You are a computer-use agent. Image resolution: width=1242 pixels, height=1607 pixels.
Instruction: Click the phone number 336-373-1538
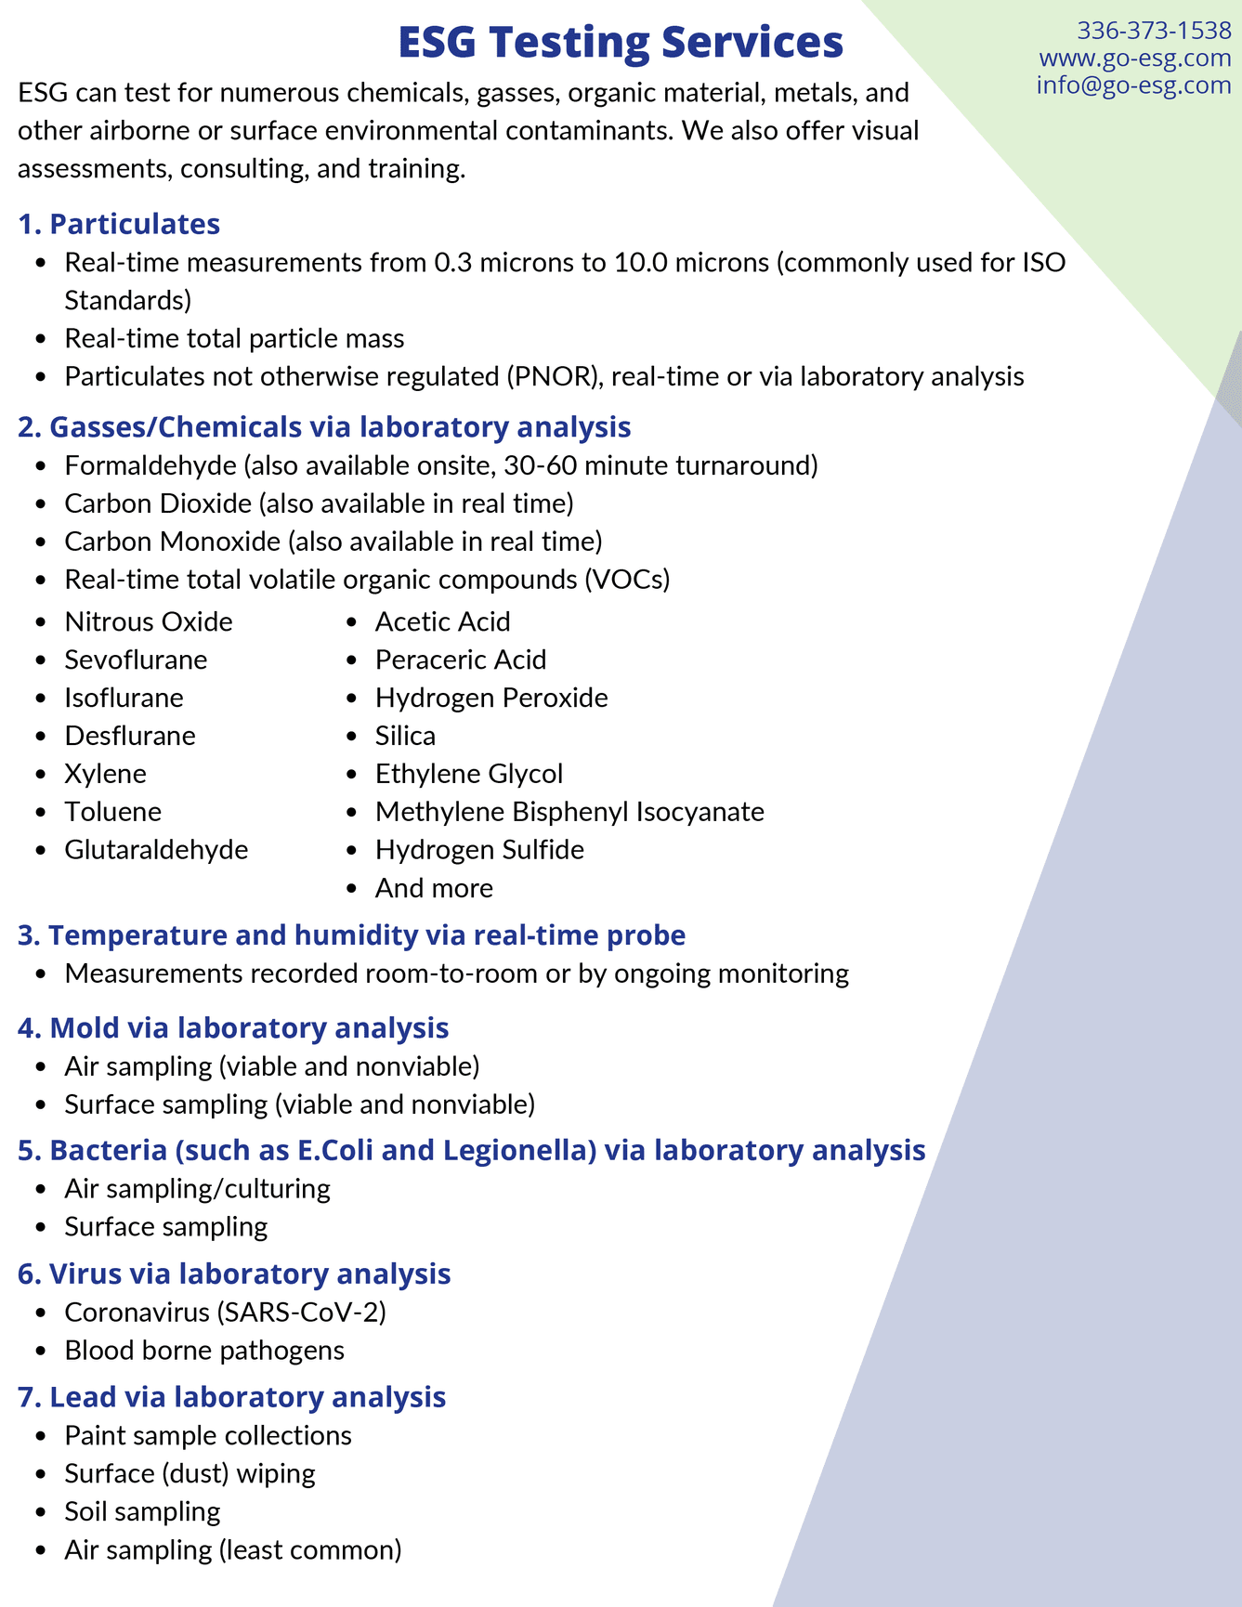[1154, 31]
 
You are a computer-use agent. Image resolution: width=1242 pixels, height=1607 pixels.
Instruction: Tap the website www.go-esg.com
[1135, 58]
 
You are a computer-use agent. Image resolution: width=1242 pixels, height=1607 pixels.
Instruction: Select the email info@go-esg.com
[1133, 85]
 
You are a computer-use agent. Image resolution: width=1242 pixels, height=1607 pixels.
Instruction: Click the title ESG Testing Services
[621, 43]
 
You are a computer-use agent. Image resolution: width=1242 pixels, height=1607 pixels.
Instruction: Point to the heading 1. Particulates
[119, 224]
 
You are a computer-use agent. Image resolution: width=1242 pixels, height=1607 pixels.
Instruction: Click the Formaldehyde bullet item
[440, 464]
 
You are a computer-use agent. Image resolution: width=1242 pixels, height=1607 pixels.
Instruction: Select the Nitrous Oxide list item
[148, 621]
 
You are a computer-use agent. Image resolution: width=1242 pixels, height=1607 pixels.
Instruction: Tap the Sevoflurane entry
[136, 660]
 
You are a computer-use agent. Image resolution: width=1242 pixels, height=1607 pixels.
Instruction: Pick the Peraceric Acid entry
[461, 660]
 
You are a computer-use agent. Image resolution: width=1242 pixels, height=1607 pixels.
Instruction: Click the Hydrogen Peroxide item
[491, 698]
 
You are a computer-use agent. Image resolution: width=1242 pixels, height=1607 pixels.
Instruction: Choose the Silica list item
[405, 736]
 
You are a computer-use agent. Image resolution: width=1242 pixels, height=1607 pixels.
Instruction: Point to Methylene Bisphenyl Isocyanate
[569, 812]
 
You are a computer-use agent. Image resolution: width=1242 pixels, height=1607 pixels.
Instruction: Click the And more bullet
[434, 888]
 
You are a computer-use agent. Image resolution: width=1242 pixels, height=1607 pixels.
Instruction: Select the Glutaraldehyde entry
[156, 850]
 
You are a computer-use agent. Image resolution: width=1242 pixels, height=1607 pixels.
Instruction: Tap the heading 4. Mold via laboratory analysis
[233, 1027]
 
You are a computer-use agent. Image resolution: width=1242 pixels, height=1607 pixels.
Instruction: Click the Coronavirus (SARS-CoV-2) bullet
[225, 1312]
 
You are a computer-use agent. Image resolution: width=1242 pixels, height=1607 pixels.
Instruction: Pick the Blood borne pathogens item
[204, 1350]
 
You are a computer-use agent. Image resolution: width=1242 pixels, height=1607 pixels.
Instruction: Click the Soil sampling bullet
[142, 1511]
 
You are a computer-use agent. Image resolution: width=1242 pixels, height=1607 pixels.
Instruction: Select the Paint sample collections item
[208, 1435]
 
